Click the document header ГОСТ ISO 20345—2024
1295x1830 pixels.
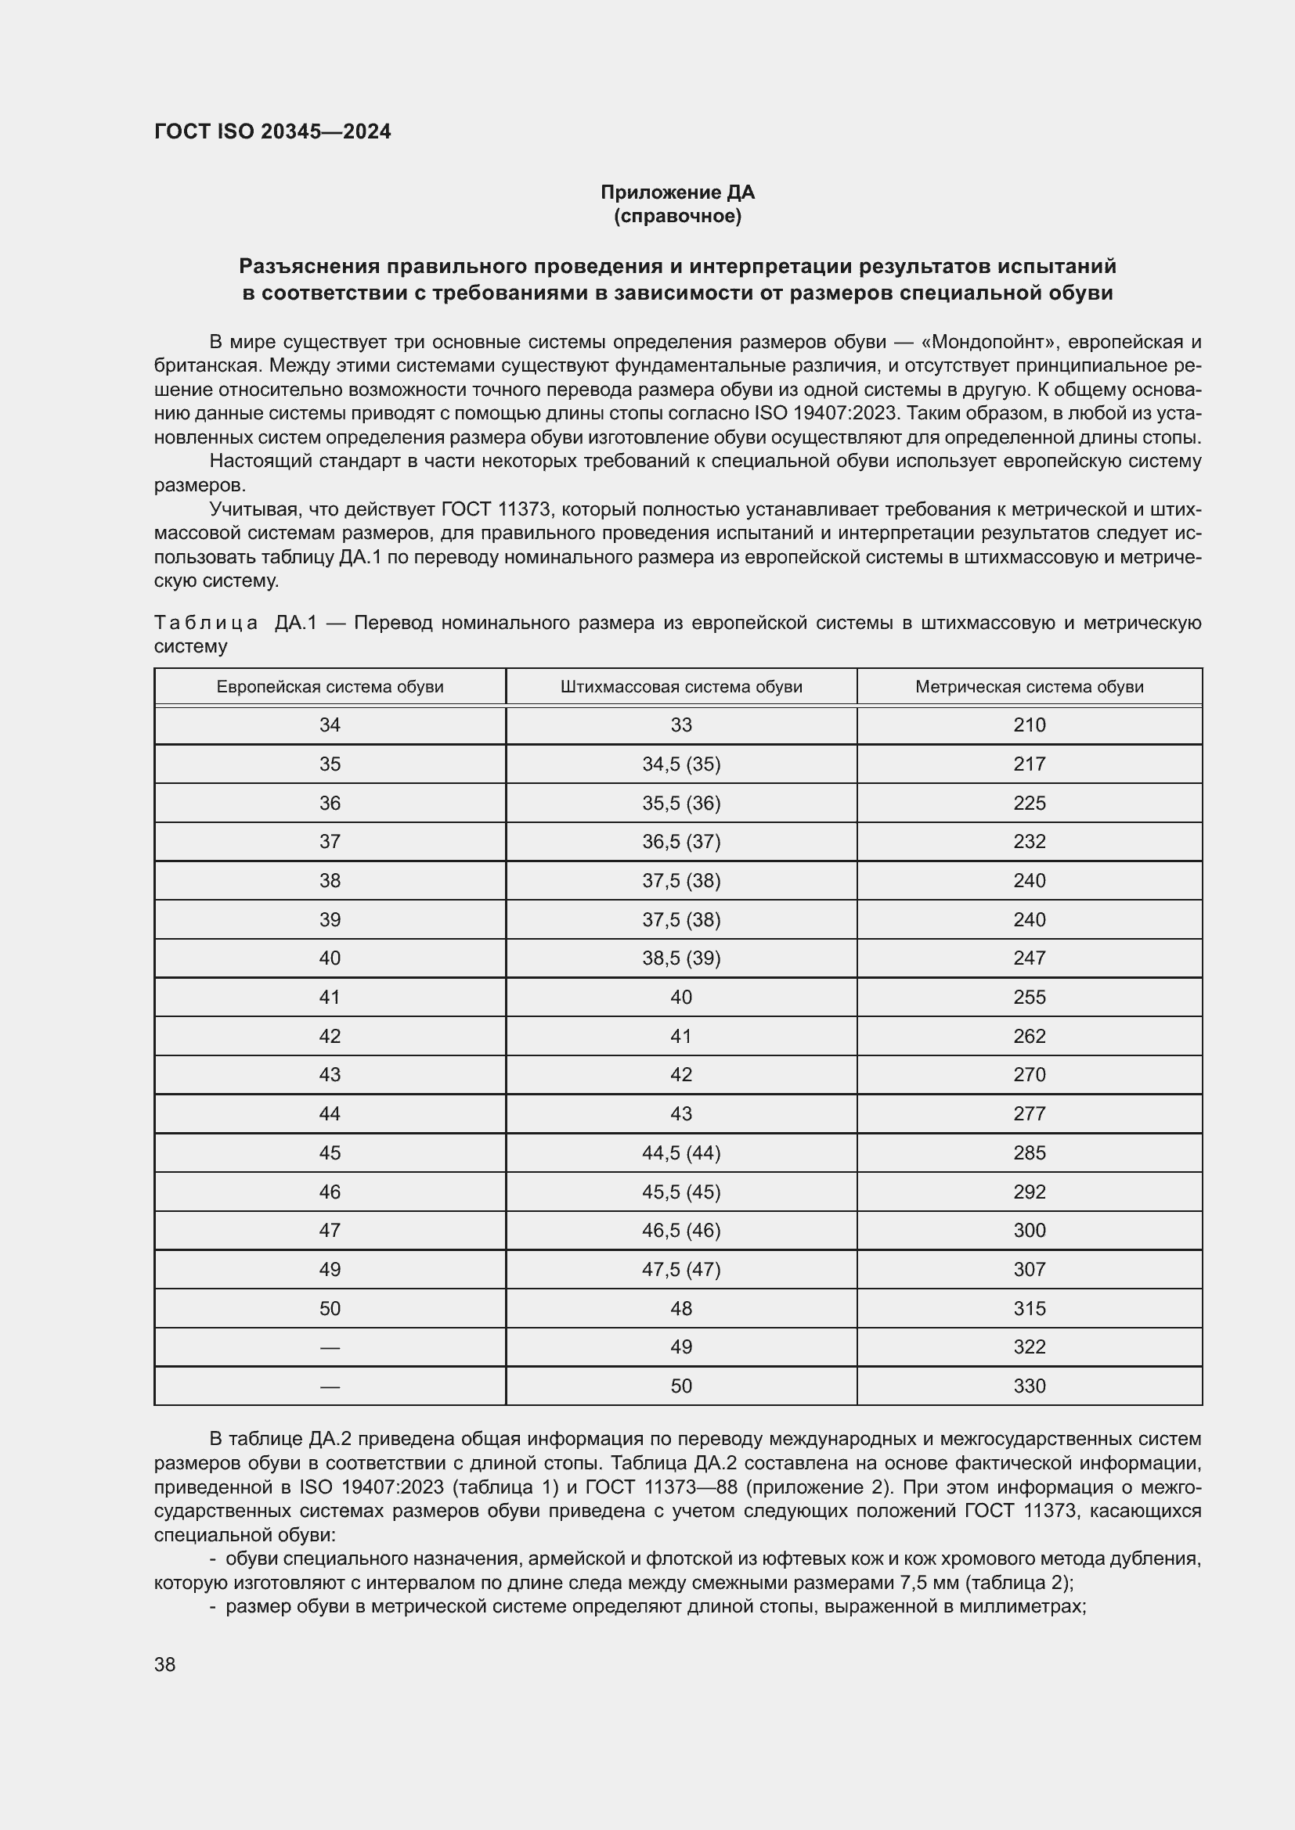point(272,132)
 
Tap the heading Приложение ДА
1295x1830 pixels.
point(677,192)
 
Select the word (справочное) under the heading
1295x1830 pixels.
point(677,217)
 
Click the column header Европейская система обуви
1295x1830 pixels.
point(330,687)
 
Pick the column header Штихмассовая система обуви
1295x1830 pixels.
point(681,687)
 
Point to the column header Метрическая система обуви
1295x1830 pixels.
point(1029,687)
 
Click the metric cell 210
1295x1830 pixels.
point(1029,725)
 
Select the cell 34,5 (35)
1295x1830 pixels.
point(681,764)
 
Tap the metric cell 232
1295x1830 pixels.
point(1029,842)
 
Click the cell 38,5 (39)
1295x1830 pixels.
point(681,958)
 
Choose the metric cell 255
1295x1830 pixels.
point(1029,997)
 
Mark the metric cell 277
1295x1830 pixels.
point(1029,1113)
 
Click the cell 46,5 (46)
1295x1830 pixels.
point(681,1230)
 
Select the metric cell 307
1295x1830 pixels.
point(1029,1269)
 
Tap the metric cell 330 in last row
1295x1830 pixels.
point(1029,1386)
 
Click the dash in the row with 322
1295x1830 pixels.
point(330,1347)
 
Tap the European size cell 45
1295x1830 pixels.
point(330,1152)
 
